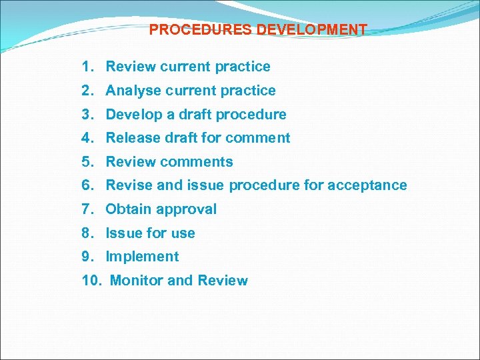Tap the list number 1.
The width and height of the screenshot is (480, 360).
[87, 67]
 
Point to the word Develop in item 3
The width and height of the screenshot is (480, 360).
[134, 115]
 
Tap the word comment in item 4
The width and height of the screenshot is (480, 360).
[261, 138]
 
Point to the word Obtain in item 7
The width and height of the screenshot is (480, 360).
[129, 209]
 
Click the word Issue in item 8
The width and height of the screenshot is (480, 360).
[123, 233]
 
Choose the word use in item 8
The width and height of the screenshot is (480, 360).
[183, 233]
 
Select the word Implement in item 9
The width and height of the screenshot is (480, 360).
[142, 257]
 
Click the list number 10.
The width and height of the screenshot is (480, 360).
[91, 281]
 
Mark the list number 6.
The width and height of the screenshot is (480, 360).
[87, 185]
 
